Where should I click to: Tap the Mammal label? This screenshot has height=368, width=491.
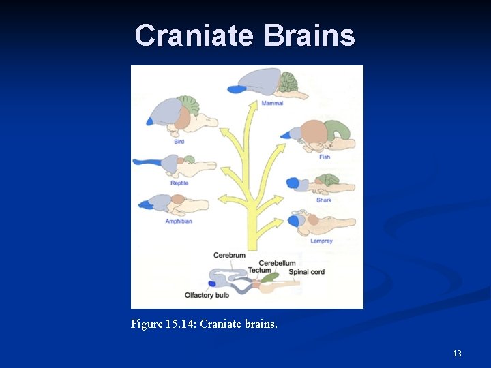272,104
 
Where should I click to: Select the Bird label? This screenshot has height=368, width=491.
179,142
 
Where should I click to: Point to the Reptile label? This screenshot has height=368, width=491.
179,183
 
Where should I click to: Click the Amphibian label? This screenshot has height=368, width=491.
179,221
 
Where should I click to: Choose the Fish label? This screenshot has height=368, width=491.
325,157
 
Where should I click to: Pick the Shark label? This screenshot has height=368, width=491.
324,200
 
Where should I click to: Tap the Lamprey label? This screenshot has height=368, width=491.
322,241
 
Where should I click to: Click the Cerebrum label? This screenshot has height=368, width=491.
229,255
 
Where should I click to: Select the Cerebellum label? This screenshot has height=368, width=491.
277,263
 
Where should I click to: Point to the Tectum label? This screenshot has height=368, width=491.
259,271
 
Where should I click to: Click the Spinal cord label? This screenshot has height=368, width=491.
307,272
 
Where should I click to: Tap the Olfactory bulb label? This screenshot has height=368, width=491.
207,295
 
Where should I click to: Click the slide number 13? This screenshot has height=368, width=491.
457,353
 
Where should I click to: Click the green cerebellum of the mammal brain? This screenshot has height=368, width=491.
286,83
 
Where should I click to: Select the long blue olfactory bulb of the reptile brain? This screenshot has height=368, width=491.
147,162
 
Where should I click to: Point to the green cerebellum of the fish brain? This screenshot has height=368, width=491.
338,130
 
